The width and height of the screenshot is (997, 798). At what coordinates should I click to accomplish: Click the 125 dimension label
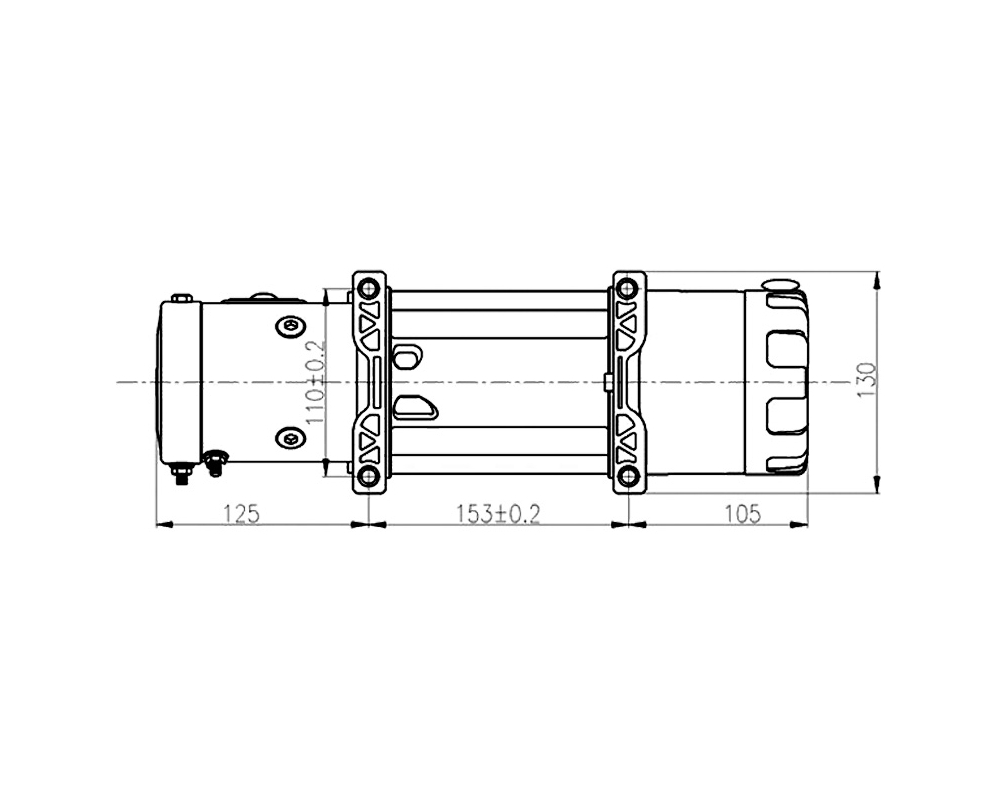click(x=241, y=513)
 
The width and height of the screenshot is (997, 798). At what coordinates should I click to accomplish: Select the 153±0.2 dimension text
click(x=498, y=513)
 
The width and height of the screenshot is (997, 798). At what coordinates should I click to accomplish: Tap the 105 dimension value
click(x=743, y=513)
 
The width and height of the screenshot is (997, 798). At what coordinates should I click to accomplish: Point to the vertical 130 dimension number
click(x=867, y=380)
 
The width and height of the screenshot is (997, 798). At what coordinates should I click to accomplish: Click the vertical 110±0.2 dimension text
click(x=315, y=382)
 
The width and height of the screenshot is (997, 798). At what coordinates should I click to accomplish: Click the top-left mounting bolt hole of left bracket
click(x=368, y=289)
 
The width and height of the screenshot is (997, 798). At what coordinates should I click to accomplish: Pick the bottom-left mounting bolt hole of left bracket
click(x=368, y=476)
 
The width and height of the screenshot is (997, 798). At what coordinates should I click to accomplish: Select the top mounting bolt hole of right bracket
click(x=627, y=289)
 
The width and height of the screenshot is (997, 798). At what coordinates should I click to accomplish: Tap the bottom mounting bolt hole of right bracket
click(x=627, y=476)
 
